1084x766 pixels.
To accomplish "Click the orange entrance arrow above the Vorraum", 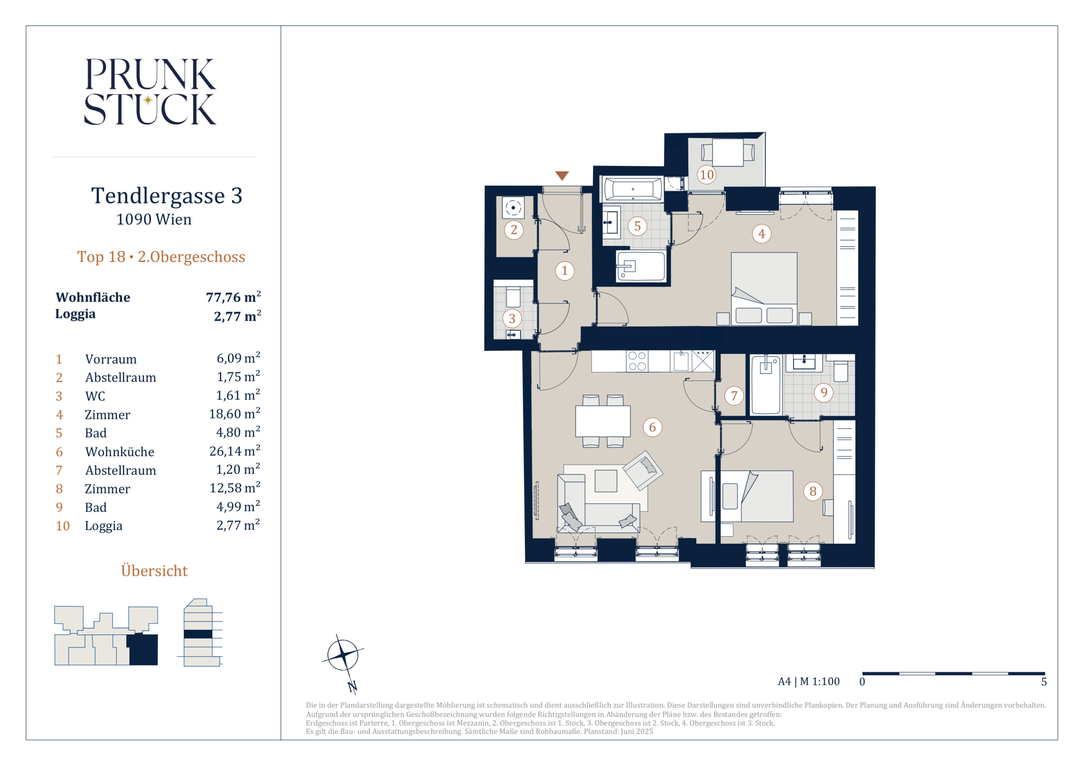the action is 562,176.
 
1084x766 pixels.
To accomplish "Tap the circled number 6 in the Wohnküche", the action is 652,427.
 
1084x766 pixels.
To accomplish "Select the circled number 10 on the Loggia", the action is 706,174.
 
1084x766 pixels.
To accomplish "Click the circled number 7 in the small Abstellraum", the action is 734,395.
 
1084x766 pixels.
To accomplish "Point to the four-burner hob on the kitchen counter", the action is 637,361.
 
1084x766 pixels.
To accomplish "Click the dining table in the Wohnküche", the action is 602,421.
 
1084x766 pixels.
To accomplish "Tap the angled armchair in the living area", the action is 643,470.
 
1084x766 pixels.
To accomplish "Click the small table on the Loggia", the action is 728,152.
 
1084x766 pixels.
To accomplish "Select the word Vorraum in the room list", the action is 111,359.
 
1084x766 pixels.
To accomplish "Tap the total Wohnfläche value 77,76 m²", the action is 233,297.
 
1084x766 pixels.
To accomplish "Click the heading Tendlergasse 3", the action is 167,195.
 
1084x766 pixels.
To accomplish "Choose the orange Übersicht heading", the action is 154,571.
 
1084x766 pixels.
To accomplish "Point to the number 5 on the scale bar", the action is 1044,682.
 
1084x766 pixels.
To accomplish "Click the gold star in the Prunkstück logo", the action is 148,100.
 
